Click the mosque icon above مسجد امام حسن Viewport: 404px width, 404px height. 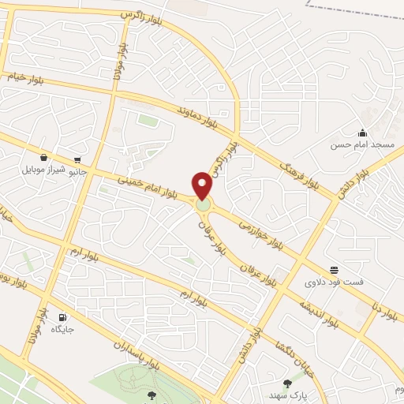362,132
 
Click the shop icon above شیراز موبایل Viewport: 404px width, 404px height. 43,157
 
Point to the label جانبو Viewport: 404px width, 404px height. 77,170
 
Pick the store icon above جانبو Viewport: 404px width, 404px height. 77,158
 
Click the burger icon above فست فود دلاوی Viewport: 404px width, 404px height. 335,269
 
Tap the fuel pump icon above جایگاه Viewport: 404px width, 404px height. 62,318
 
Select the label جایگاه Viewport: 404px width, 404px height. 62,331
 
